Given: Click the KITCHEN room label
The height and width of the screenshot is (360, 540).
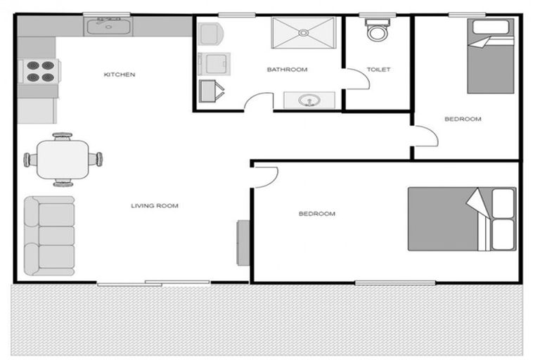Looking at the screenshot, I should tap(120, 75).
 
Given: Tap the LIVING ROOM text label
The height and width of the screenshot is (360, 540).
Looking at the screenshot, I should tap(155, 206).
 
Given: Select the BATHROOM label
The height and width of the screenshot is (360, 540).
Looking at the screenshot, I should tap(287, 70).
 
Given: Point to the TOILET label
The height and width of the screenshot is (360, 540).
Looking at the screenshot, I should tap(378, 70).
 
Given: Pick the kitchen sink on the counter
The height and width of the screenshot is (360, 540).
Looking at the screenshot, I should tap(108, 27).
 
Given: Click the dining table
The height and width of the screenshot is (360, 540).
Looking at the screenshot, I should tap(63, 159).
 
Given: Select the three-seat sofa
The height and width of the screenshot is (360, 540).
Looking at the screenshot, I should tap(49, 236).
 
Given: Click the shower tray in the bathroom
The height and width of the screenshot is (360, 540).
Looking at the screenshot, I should tap(305, 32).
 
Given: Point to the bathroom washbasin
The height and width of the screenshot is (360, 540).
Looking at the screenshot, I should tap(307, 101).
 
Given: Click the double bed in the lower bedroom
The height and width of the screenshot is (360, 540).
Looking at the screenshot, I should tap(461, 218).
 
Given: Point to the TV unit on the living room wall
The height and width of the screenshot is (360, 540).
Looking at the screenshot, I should tap(243, 243).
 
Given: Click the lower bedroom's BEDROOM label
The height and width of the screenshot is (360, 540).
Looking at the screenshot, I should tap(316, 214).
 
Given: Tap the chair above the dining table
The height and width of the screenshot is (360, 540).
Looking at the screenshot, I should tap(63, 136).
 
